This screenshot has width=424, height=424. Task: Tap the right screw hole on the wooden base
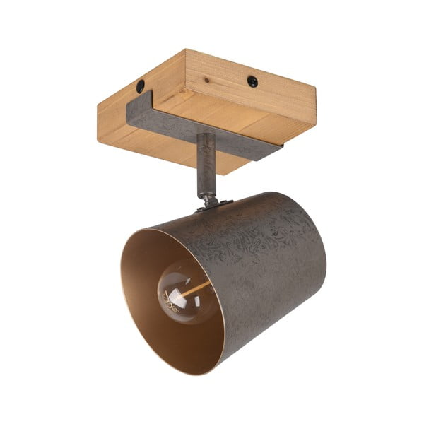tap(252, 81)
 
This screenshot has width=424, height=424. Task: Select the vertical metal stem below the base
tap(206, 166)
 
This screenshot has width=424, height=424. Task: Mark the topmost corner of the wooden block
tap(186, 49)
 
